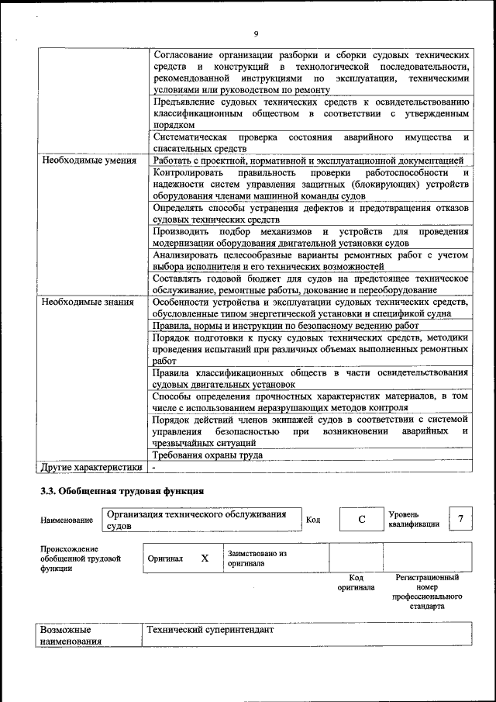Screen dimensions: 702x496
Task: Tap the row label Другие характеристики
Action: point(91,467)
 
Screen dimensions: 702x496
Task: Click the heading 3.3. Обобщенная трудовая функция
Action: point(122,491)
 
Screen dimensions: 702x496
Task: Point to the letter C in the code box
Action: point(361,520)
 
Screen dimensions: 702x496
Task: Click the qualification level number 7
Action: point(461,518)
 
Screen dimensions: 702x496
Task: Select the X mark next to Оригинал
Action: point(205,558)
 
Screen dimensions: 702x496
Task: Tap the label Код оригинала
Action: point(356,583)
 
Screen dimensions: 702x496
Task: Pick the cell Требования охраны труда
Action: point(205,455)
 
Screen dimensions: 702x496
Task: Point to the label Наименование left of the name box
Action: point(67,520)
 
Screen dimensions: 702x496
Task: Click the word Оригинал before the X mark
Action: point(165,558)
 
